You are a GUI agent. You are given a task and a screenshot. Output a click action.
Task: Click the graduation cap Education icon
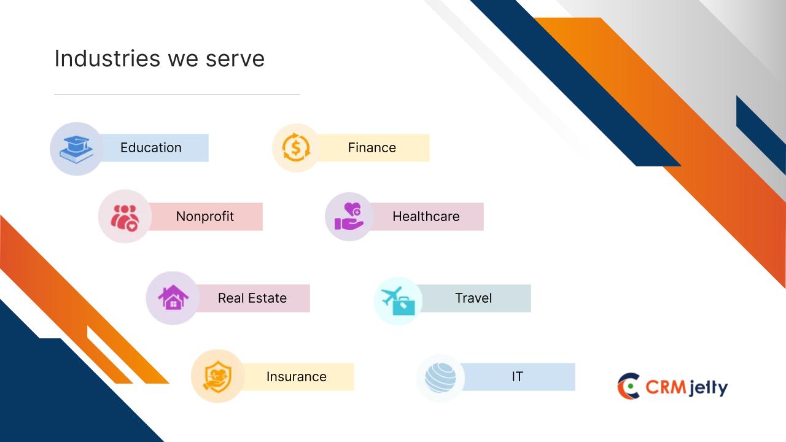(x=77, y=149)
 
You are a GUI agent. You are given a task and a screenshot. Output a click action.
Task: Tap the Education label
(x=151, y=148)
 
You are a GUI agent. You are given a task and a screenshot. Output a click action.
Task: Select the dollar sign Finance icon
(x=296, y=148)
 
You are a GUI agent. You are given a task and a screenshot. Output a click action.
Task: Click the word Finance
(x=372, y=148)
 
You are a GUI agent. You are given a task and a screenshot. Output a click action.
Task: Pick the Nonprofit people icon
(x=125, y=218)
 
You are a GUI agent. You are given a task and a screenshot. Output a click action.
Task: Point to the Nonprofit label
(x=205, y=217)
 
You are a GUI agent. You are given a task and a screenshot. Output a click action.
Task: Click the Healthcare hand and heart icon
(x=349, y=217)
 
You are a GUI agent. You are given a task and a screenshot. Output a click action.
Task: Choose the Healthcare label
(x=426, y=217)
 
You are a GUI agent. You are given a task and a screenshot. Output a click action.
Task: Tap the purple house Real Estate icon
(x=173, y=297)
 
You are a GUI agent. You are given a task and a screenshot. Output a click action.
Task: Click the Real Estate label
(x=252, y=298)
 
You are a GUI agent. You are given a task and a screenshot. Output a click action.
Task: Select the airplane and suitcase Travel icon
(x=398, y=301)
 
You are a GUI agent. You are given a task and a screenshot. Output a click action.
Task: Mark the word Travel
(x=473, y=298)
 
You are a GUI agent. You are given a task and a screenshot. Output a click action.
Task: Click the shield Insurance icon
(x=217, y=377)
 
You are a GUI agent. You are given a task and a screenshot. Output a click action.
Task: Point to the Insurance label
(x=297, y=377)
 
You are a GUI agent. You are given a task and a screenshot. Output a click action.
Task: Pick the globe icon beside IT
(x=440, y=378)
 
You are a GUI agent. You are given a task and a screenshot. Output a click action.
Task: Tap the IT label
(x=517, y=377)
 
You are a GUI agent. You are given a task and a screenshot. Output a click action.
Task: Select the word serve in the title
(x=235, y=60)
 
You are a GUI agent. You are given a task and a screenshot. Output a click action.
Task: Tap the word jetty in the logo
(x=707, y=388)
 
